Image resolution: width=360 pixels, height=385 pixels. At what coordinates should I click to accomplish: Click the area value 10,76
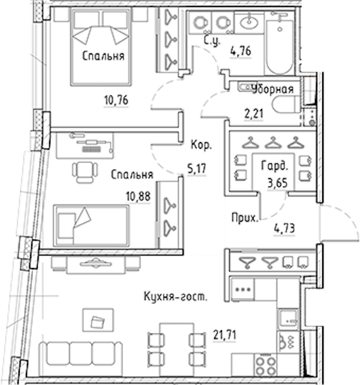(116, 100)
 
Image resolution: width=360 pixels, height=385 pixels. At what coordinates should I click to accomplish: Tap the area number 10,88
(138, 196)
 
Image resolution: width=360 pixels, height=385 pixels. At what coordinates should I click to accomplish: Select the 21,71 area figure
(224, 335)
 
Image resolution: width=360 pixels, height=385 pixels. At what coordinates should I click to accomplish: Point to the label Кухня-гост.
(175, 296)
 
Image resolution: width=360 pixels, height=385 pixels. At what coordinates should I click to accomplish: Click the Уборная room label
(273, 89)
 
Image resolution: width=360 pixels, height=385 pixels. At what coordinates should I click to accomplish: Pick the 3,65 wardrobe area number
(277, 183)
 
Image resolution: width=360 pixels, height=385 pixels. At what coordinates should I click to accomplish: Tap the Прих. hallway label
(245, 218)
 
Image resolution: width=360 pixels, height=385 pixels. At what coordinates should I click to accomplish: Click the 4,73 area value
(284, 228)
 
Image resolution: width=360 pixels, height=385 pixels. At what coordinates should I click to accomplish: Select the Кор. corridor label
(201, 145)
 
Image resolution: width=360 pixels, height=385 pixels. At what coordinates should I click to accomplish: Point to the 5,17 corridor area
(197, 169)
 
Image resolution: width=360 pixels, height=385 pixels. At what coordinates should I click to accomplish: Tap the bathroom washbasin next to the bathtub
(249, 23)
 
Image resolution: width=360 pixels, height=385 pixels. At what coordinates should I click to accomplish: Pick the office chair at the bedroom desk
(85, 172)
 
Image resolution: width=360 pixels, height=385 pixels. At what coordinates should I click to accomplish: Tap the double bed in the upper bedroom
(100, 47)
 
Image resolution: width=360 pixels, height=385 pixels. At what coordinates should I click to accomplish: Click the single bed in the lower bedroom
(91, 225)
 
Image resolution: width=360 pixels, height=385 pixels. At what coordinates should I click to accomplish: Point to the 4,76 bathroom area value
(241, 52)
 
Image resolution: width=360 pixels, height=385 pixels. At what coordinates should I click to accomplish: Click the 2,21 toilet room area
(254, 114)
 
